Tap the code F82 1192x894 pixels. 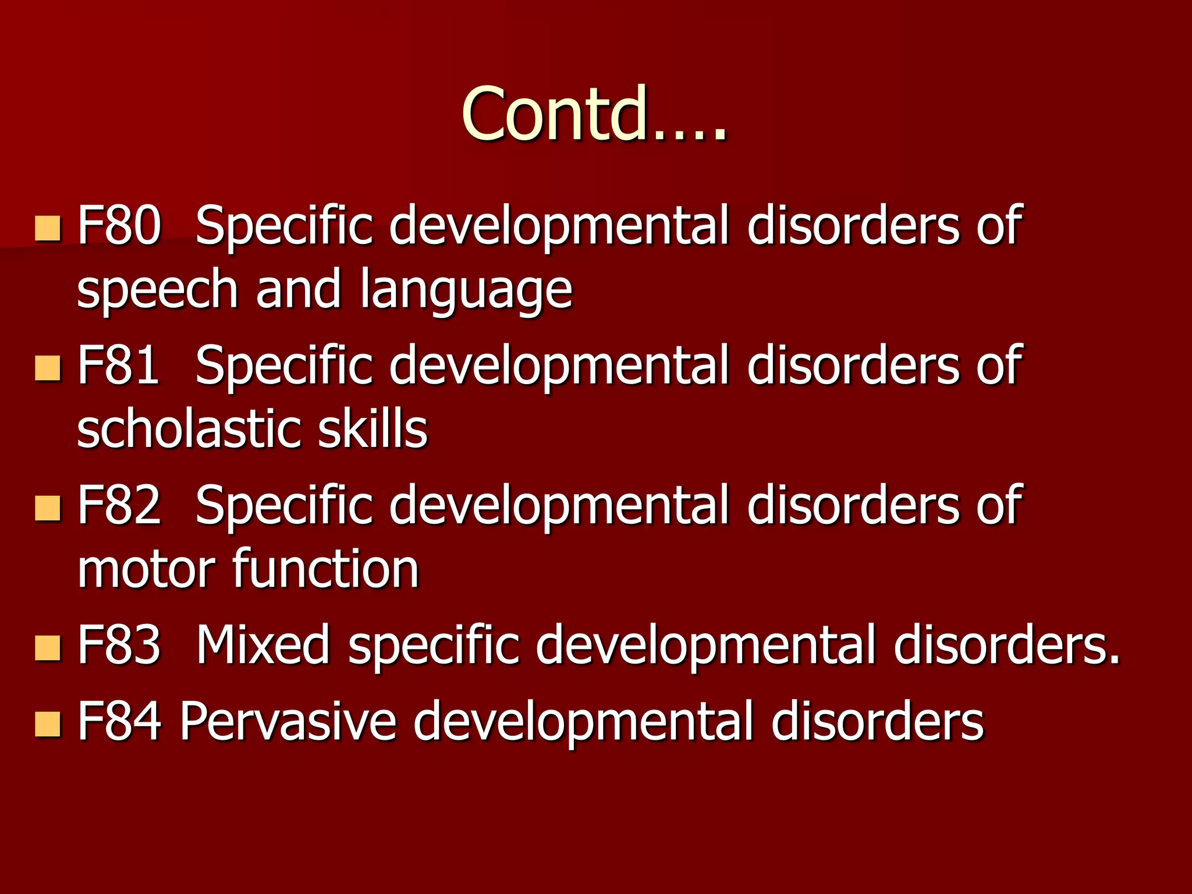[119, 505]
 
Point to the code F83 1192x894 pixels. [119, 644]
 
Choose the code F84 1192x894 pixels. [119, 721]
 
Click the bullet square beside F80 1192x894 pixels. [47, 228]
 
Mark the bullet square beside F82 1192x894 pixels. [47, 508]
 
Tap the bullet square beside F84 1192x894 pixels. [47, 724]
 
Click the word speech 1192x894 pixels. [157, 291]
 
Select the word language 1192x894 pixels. [466, 291]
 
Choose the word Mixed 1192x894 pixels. [262, 644]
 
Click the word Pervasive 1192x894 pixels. [288, 721]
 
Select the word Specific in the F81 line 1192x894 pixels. [284, 366]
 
